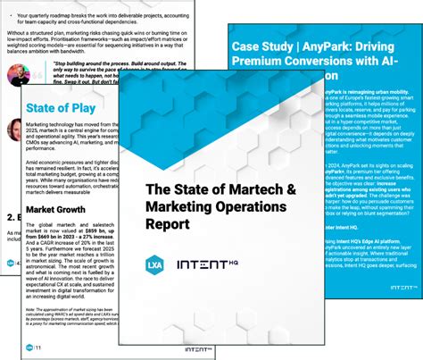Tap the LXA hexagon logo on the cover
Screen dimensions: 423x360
156,264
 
